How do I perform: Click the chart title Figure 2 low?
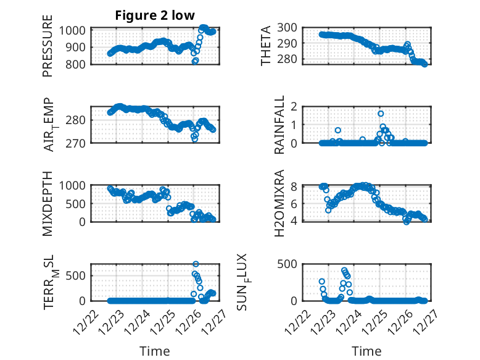click(x=155, y=15)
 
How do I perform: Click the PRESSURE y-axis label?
click(x=48, y=46)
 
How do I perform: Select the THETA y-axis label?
click(x=266, y=46)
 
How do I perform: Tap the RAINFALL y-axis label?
click(x=279, y=125)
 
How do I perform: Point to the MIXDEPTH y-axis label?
click(x=48, y=203)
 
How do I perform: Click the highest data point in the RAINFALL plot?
click(x=381, y=114)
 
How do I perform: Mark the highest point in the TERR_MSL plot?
click(x=196, y=264)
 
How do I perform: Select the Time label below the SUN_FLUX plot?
click(x=366, y=351)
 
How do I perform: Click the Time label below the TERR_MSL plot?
click(x=154, y=351)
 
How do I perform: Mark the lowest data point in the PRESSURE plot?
click(x=195, y=61)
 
